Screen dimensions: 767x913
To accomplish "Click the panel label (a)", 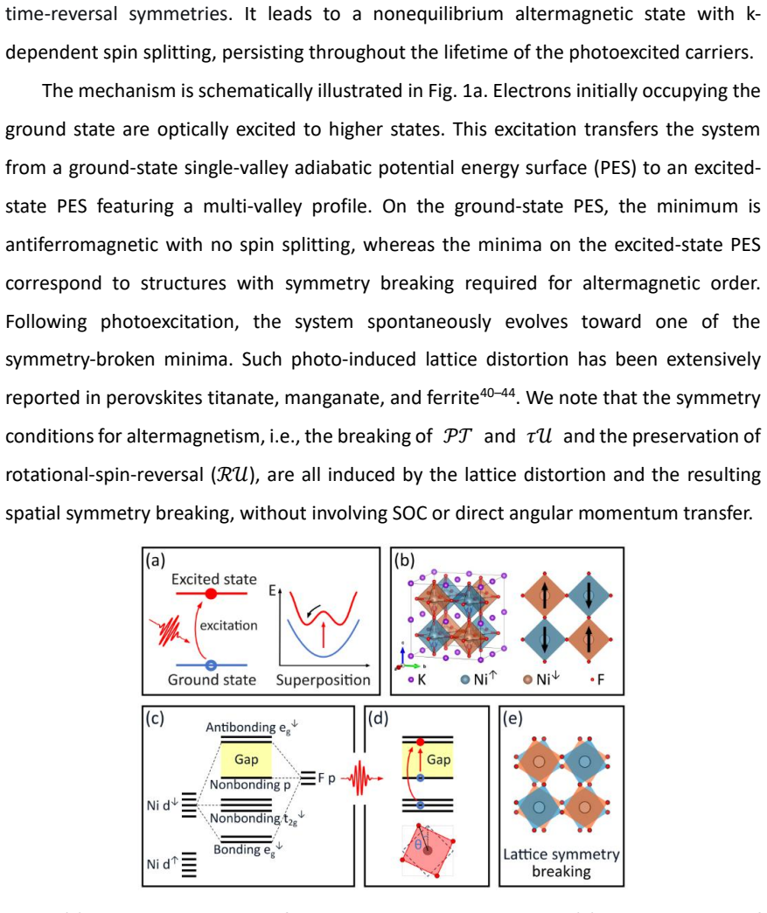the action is click(x=156, y=561).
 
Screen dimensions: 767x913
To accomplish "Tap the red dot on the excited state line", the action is click(x=212, y=593).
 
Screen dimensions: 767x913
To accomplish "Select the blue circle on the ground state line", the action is click(x=211, y=665).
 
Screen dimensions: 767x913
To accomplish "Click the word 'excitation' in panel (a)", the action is click(x=228, y=625).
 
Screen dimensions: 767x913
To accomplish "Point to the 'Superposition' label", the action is click(x=323, y=680).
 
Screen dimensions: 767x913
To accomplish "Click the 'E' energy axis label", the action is click(x=272, y=590).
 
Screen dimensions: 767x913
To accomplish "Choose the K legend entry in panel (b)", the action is click(x=417, y=680).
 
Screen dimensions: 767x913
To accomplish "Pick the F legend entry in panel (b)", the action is click(x=597, y=680).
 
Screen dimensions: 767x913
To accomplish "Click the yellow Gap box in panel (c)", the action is click(x=247, y=759).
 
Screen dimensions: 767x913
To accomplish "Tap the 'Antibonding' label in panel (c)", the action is click(x=241, y=728).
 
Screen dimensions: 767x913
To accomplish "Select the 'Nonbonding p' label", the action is click(x=250, y=785).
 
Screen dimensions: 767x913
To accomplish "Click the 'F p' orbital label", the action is click(x=327, y=778).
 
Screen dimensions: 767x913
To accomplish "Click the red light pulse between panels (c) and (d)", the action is click(x=362, y=778).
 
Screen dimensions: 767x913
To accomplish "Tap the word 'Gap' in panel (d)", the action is click(x=438, y=759).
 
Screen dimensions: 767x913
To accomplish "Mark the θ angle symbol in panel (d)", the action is click(x=418, y=844).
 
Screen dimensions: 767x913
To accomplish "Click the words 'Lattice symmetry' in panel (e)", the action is click(x=561, y=854).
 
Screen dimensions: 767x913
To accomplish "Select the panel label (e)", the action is click(x=512, y=719).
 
